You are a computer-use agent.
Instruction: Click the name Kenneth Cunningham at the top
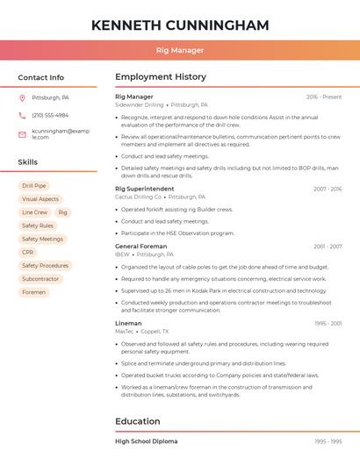click(x=180, y=25)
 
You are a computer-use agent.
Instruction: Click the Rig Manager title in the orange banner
click(x=180, y=50)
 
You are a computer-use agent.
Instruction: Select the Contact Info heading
click(x=40, y=77)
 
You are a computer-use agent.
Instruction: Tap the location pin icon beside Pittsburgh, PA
click(x=22, y=98)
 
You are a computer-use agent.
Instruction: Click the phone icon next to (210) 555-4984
click(x=22, y=115)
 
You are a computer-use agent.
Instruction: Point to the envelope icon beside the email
click(x=22, y=134)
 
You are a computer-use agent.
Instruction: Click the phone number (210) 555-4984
click(x=50, y=115)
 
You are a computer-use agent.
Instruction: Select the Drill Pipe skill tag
click(x=34, y=186)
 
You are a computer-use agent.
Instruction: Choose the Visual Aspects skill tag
click(x=40, y=199)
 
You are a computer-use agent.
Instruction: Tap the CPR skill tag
click(x=28, y=252)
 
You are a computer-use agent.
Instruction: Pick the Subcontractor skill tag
click(x=40, y=279)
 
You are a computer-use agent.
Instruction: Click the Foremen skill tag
click(x=33, y=292)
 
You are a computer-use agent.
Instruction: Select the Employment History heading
click(x=161, y=77)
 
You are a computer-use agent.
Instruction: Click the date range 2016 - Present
click(x=324, y=97)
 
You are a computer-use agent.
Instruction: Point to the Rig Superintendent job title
click(x=145, y=189)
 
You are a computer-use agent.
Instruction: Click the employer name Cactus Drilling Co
click(x=139, y=197)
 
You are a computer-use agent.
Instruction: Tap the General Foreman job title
click(x=140, y=247)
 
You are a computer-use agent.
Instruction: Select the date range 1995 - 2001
click(x=328, y=323)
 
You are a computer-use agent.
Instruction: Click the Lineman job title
click(x=128, y=323)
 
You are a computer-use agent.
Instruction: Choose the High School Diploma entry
click(x=147, y=441)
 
